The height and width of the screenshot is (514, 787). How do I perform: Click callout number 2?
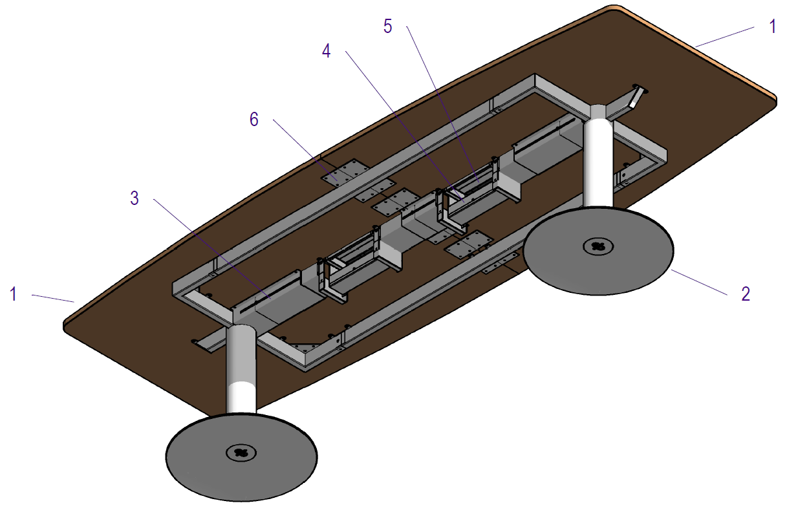tap(746, 294)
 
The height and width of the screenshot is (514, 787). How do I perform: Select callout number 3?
tap(135, 198)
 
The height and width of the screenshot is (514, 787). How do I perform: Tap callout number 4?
tap(327, 52)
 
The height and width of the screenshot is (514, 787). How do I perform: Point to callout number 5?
tap(387, 27)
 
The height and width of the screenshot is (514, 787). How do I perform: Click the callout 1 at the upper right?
tap(772, 27)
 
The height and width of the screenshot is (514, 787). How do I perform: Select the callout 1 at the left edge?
tap(13, 294)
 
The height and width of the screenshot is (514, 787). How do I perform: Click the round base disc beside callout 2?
tap(598, 265)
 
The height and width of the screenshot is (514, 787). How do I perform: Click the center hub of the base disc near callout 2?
tap(598, 246)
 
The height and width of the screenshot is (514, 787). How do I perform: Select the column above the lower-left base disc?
tap(242, 369)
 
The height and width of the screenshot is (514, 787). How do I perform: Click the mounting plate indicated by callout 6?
tap(344, 173)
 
